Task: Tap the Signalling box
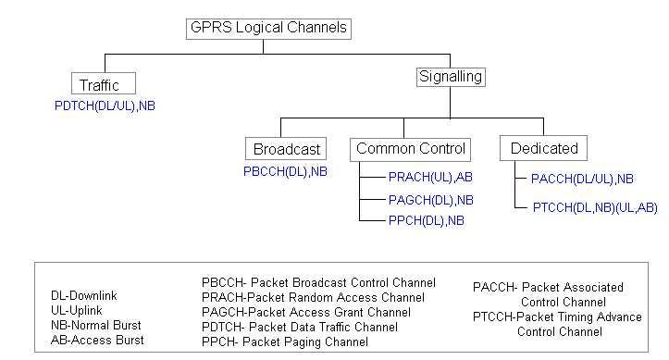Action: point(451,78)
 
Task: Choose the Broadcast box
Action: point(287,149)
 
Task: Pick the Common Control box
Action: point(411,149)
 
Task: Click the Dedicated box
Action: point(544,149)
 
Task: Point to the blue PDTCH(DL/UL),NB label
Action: point(105,106)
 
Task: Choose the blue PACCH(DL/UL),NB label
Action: point(582,179)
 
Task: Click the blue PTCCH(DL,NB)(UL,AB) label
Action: point(594,209)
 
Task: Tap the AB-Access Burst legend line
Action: point(97,341)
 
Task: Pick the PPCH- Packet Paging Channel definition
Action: point(284,342)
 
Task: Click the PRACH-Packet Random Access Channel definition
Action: point(313,298)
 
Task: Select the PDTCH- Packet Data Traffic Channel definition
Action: point(299,328)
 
